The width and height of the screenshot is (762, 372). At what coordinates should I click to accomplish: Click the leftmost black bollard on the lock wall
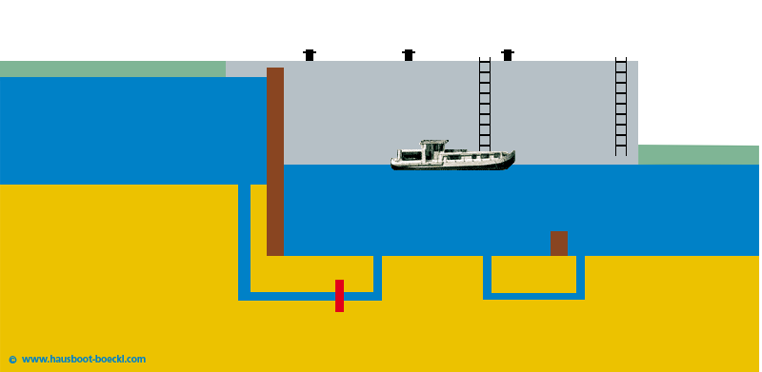310,55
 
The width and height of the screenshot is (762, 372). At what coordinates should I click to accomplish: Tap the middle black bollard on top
409,55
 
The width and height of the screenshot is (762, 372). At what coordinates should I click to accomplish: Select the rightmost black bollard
508,55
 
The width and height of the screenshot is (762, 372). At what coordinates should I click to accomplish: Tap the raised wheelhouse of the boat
434,147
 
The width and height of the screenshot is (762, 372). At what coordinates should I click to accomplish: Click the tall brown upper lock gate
275,162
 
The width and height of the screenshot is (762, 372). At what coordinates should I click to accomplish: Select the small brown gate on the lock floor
558,244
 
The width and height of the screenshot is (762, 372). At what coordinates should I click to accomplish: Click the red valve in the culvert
339,296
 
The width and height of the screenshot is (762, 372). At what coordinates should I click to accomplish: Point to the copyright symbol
12,360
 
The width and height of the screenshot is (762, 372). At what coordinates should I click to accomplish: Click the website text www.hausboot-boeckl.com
84,360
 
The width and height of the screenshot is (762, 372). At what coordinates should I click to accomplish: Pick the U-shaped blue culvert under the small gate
533,295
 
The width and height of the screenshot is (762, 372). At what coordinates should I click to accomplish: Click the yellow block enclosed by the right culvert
533,274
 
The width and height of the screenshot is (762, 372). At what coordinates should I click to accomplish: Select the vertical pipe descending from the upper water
244,238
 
